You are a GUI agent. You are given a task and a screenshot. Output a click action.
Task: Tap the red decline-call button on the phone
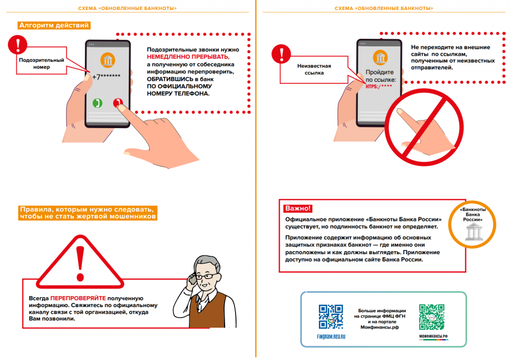[x=118, y=103]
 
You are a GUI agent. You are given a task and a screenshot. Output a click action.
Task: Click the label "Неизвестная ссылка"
[x=310, y=69]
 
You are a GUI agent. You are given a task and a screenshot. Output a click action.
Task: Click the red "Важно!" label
[x=298, y=208]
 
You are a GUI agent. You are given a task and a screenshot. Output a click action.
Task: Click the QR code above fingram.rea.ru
[x=330, y=316]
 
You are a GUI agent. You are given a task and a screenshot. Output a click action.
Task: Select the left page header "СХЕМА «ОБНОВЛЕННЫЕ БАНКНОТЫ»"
[x=128, y=8]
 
